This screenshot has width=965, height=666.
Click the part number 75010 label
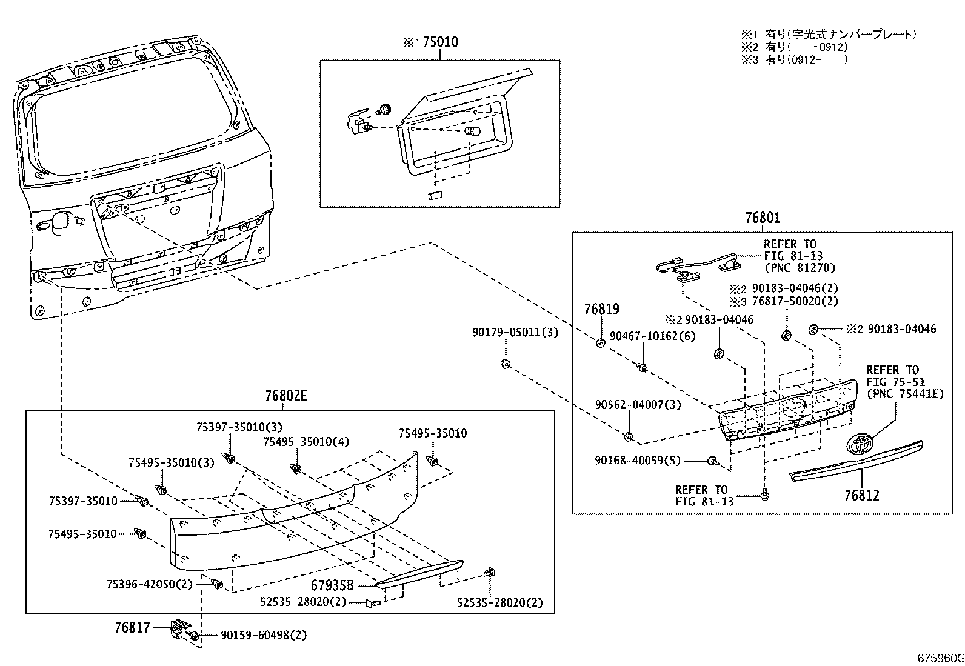pos(440,42)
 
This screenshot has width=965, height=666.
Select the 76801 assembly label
pos(763,218)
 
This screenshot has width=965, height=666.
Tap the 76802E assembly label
pos(286,396)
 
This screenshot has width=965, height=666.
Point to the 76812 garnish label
pos(861,495)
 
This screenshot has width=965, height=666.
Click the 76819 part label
pos(601,309)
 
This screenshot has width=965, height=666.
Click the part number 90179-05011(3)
pos(515,333)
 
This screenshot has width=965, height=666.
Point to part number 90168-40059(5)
pos(637,461)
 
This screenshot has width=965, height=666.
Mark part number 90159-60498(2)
pos(264,635)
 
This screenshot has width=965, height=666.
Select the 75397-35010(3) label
pos(239,427)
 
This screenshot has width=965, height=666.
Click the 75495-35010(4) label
pos(306,442)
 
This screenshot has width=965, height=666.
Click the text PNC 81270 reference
pos(799,268)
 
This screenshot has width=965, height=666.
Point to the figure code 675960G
pos(940,658)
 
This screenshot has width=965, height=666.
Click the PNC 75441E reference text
pos(905,394)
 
